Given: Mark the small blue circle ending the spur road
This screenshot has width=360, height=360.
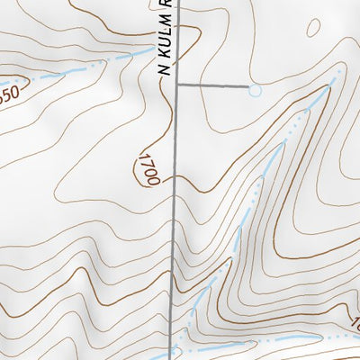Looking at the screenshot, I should coord(255,90).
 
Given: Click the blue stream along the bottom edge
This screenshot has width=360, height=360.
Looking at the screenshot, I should coord(270,338).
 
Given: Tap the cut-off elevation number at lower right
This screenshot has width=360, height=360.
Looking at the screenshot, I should coord(354,322).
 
